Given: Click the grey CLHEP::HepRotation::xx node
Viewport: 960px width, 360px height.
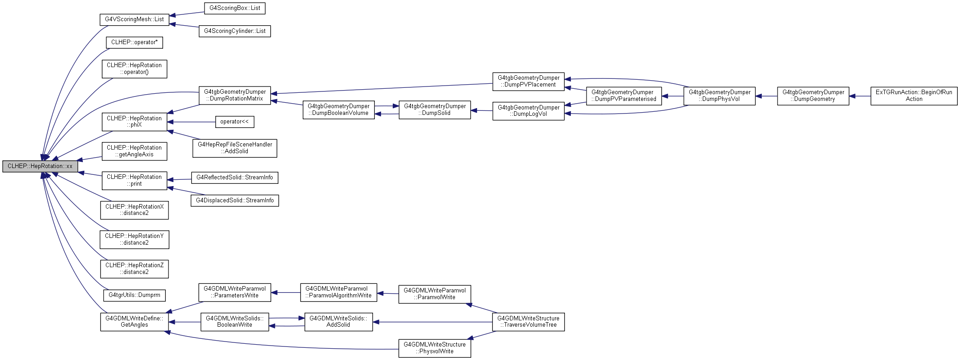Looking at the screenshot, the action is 40,166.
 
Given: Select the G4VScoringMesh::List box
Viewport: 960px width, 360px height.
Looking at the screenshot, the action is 134,19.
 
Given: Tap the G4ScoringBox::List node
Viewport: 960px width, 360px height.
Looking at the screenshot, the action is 235,8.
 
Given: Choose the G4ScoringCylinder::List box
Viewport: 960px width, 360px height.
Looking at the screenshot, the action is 235,31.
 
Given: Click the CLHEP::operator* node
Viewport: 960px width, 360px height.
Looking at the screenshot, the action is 134,42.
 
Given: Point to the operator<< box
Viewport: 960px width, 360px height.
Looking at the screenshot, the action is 234,122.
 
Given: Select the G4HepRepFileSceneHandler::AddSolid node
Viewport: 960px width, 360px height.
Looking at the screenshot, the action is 235,148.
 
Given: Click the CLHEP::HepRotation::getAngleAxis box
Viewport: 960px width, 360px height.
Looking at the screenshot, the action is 134,151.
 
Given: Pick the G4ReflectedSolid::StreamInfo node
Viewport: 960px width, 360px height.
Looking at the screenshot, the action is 235,178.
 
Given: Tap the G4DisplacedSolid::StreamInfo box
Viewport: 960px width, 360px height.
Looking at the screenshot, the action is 235,201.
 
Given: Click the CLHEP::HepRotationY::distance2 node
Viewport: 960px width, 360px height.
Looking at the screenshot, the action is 134,239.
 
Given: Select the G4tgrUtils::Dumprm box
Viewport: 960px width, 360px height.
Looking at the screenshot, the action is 134,296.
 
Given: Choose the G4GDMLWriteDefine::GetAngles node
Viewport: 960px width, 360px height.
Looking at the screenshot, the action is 134,322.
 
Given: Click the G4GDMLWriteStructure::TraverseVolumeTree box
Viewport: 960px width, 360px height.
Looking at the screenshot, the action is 528,322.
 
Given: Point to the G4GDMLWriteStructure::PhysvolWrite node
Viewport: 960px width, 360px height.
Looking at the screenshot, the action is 435,348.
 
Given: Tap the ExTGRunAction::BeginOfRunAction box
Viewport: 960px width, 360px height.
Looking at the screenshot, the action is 914,96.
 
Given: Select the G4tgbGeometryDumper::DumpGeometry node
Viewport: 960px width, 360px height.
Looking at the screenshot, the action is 813,96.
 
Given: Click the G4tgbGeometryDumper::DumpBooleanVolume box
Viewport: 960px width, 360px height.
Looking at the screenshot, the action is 338,110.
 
